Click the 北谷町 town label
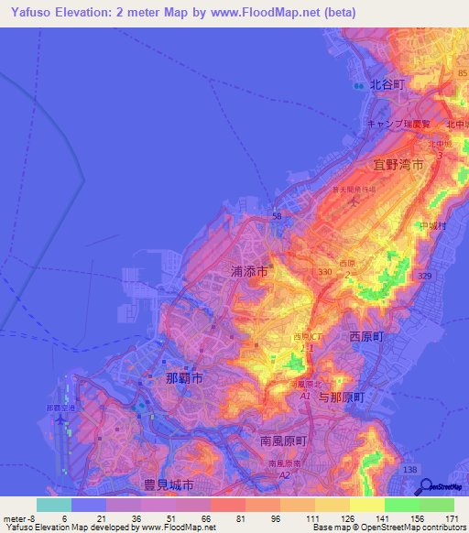tap(387, 83)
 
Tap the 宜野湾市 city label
tap(398, 165)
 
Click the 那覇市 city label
tap(184, 377)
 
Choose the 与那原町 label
tap(342, 397)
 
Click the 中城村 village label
tap(430, 225)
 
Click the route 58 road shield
tap(277, 216)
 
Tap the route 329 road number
tap(423, 275)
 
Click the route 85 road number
tap(463, 74)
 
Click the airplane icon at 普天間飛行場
tap(354, 201)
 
